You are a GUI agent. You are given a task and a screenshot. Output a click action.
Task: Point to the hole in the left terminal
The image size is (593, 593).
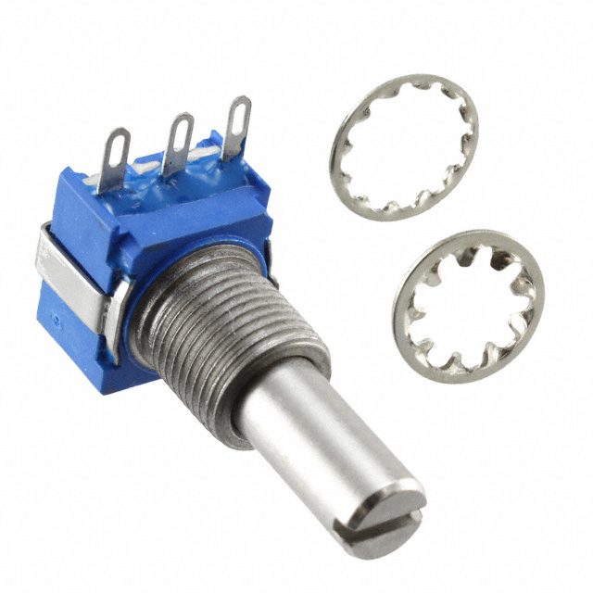[x=119, y=144]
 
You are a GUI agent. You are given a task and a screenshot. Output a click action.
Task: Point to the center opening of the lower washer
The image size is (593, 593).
[x=468, y=306]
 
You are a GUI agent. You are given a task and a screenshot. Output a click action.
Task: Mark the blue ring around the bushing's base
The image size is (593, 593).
[x=139, y=306]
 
